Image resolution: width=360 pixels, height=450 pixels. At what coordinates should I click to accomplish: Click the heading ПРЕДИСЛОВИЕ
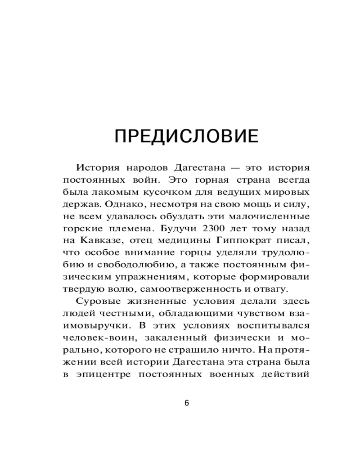point(186,136)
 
